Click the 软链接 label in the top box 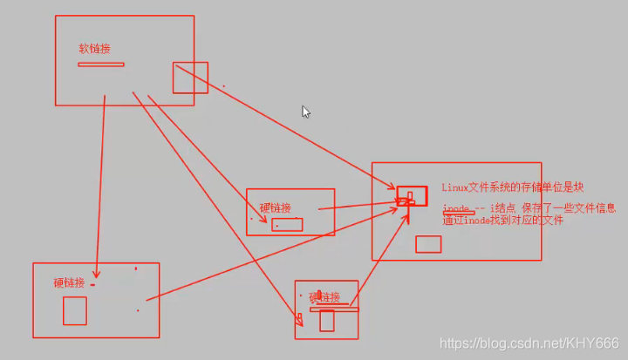[x=94, y=49]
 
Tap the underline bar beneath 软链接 [x=101, y=65]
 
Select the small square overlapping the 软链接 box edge [x=190, y=78]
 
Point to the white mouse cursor [x=306, y=112]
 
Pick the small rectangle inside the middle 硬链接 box [x=287, y=225]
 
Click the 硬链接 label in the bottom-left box [x=69, y=282]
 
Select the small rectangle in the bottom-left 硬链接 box [x=75, y=310]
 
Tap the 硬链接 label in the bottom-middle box [x=324, y=298]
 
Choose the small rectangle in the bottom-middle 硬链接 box [x=327, y=321]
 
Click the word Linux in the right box [x=454, y=187]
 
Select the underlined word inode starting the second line [x=456, y=209]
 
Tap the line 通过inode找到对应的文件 [x=502, y=221]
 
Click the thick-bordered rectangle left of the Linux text [x=412, y=195]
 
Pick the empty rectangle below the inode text [x=428, y=245]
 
